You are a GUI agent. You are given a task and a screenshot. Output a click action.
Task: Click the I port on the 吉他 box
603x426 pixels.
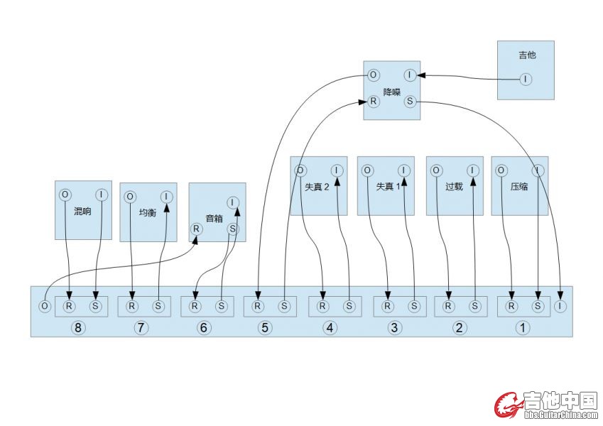pos(525,79)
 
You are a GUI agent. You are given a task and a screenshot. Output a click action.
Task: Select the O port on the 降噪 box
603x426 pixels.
pos(373,75)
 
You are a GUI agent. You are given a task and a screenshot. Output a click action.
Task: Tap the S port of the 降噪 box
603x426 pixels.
pos(410,102)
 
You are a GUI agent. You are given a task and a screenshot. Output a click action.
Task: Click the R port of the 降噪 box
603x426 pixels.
pos(373,102)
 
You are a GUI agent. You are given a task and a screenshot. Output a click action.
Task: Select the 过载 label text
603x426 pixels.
pos(454,187)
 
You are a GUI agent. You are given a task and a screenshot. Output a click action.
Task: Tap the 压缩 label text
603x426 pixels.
pos(519,187)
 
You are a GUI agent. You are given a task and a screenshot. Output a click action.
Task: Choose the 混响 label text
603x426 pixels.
pos(82,211)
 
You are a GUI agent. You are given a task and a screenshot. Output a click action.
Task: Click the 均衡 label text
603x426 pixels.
pos(148,212)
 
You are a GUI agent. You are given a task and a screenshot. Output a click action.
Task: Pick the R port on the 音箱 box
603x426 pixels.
pos(195,229)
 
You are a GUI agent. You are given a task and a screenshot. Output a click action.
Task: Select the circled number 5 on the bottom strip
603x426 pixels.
pos(265,327)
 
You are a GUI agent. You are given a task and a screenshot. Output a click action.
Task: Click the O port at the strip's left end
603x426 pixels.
pos(45,306)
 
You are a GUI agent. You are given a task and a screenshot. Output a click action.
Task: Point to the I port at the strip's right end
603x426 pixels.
pos(561,306)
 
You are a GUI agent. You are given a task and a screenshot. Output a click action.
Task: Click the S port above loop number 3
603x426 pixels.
pos(414,306)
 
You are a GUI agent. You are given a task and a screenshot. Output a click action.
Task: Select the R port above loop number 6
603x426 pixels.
pos(195,306)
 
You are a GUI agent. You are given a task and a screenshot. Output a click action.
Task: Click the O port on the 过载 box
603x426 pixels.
pos(435,170)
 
